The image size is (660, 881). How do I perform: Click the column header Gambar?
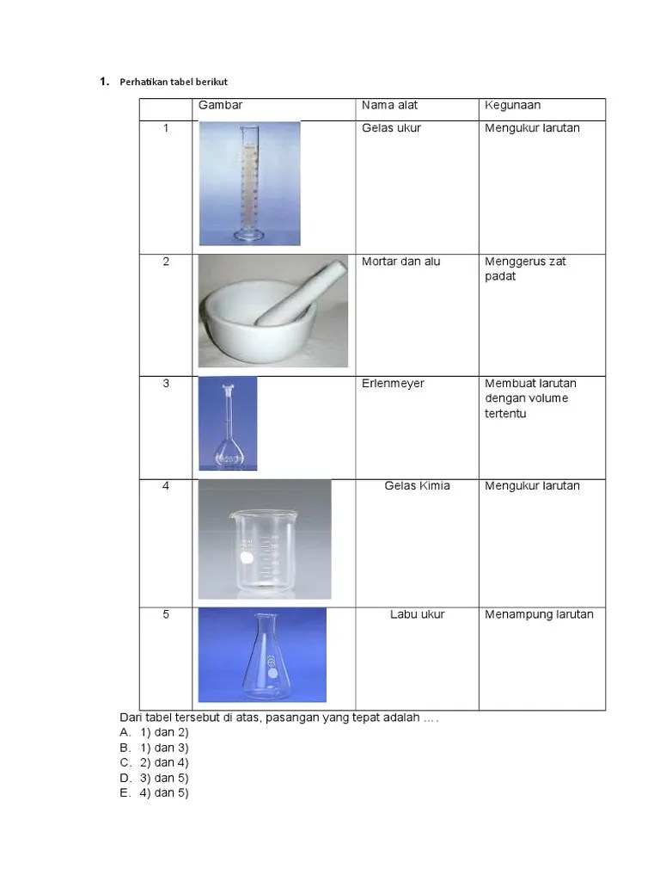[x=220, y=105]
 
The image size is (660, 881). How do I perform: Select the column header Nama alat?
[x=389, y=105]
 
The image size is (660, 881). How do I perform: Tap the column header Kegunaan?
[x=512, y=105]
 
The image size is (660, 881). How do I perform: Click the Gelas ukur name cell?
[x=391, y=128]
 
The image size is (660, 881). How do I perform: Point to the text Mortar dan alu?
[x=400, y=262]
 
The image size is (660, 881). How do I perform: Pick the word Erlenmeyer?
[x=393, y=383]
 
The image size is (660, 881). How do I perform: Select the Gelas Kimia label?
[x=417, y=485]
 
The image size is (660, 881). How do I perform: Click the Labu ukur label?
[x=417, y=614]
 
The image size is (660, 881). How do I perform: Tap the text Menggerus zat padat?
[x=525, y=268]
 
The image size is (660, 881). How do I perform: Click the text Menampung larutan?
[x=539, y=614]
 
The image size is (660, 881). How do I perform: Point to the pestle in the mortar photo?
[x=300, y=293]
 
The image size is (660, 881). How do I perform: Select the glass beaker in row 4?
[x=264, y=551]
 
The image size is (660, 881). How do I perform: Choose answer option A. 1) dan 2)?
[x=155, y=732]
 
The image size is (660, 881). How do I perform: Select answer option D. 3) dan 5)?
[x=155, y=778]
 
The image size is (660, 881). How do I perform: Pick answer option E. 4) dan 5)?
[x=155, y=792]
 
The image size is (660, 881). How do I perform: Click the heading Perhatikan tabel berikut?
[x=174, y=82]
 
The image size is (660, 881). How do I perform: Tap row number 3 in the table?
[x=166, y=383]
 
